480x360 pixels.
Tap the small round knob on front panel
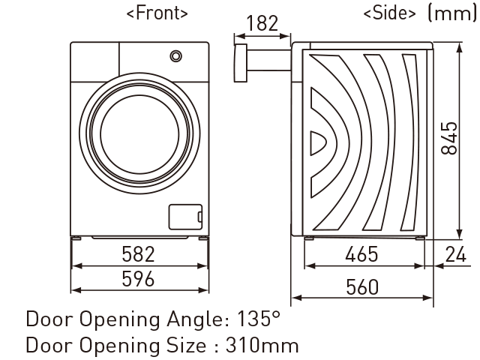(x=176, y=55)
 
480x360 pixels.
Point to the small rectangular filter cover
(x=184, y=215)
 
